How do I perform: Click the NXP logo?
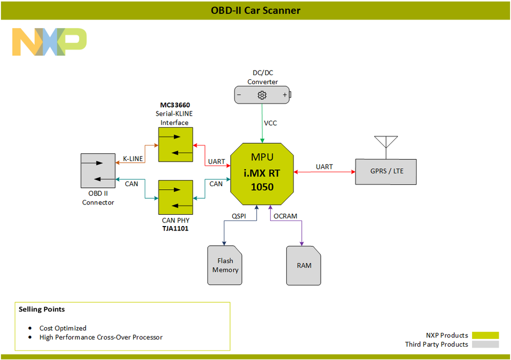coord(49,42)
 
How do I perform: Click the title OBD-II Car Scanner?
coord(255,10)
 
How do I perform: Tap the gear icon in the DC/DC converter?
coord(262,95)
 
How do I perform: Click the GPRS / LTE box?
coord(386,171)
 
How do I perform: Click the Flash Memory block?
coord(225,265)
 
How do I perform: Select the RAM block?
coord(303,265)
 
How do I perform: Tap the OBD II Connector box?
coord(98,170)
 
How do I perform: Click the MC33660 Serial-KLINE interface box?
coord(175,144)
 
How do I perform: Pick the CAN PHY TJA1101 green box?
coord(175,197)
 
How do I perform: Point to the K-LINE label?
coord(132,159)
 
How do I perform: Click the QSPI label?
coord(238,216)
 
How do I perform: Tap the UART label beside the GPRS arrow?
coord(324,167)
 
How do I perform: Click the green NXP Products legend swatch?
coord(485,335)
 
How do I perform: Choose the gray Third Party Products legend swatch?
coord(485,345)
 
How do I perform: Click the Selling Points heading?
coord(42,309)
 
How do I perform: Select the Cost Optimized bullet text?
coord(63,328)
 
